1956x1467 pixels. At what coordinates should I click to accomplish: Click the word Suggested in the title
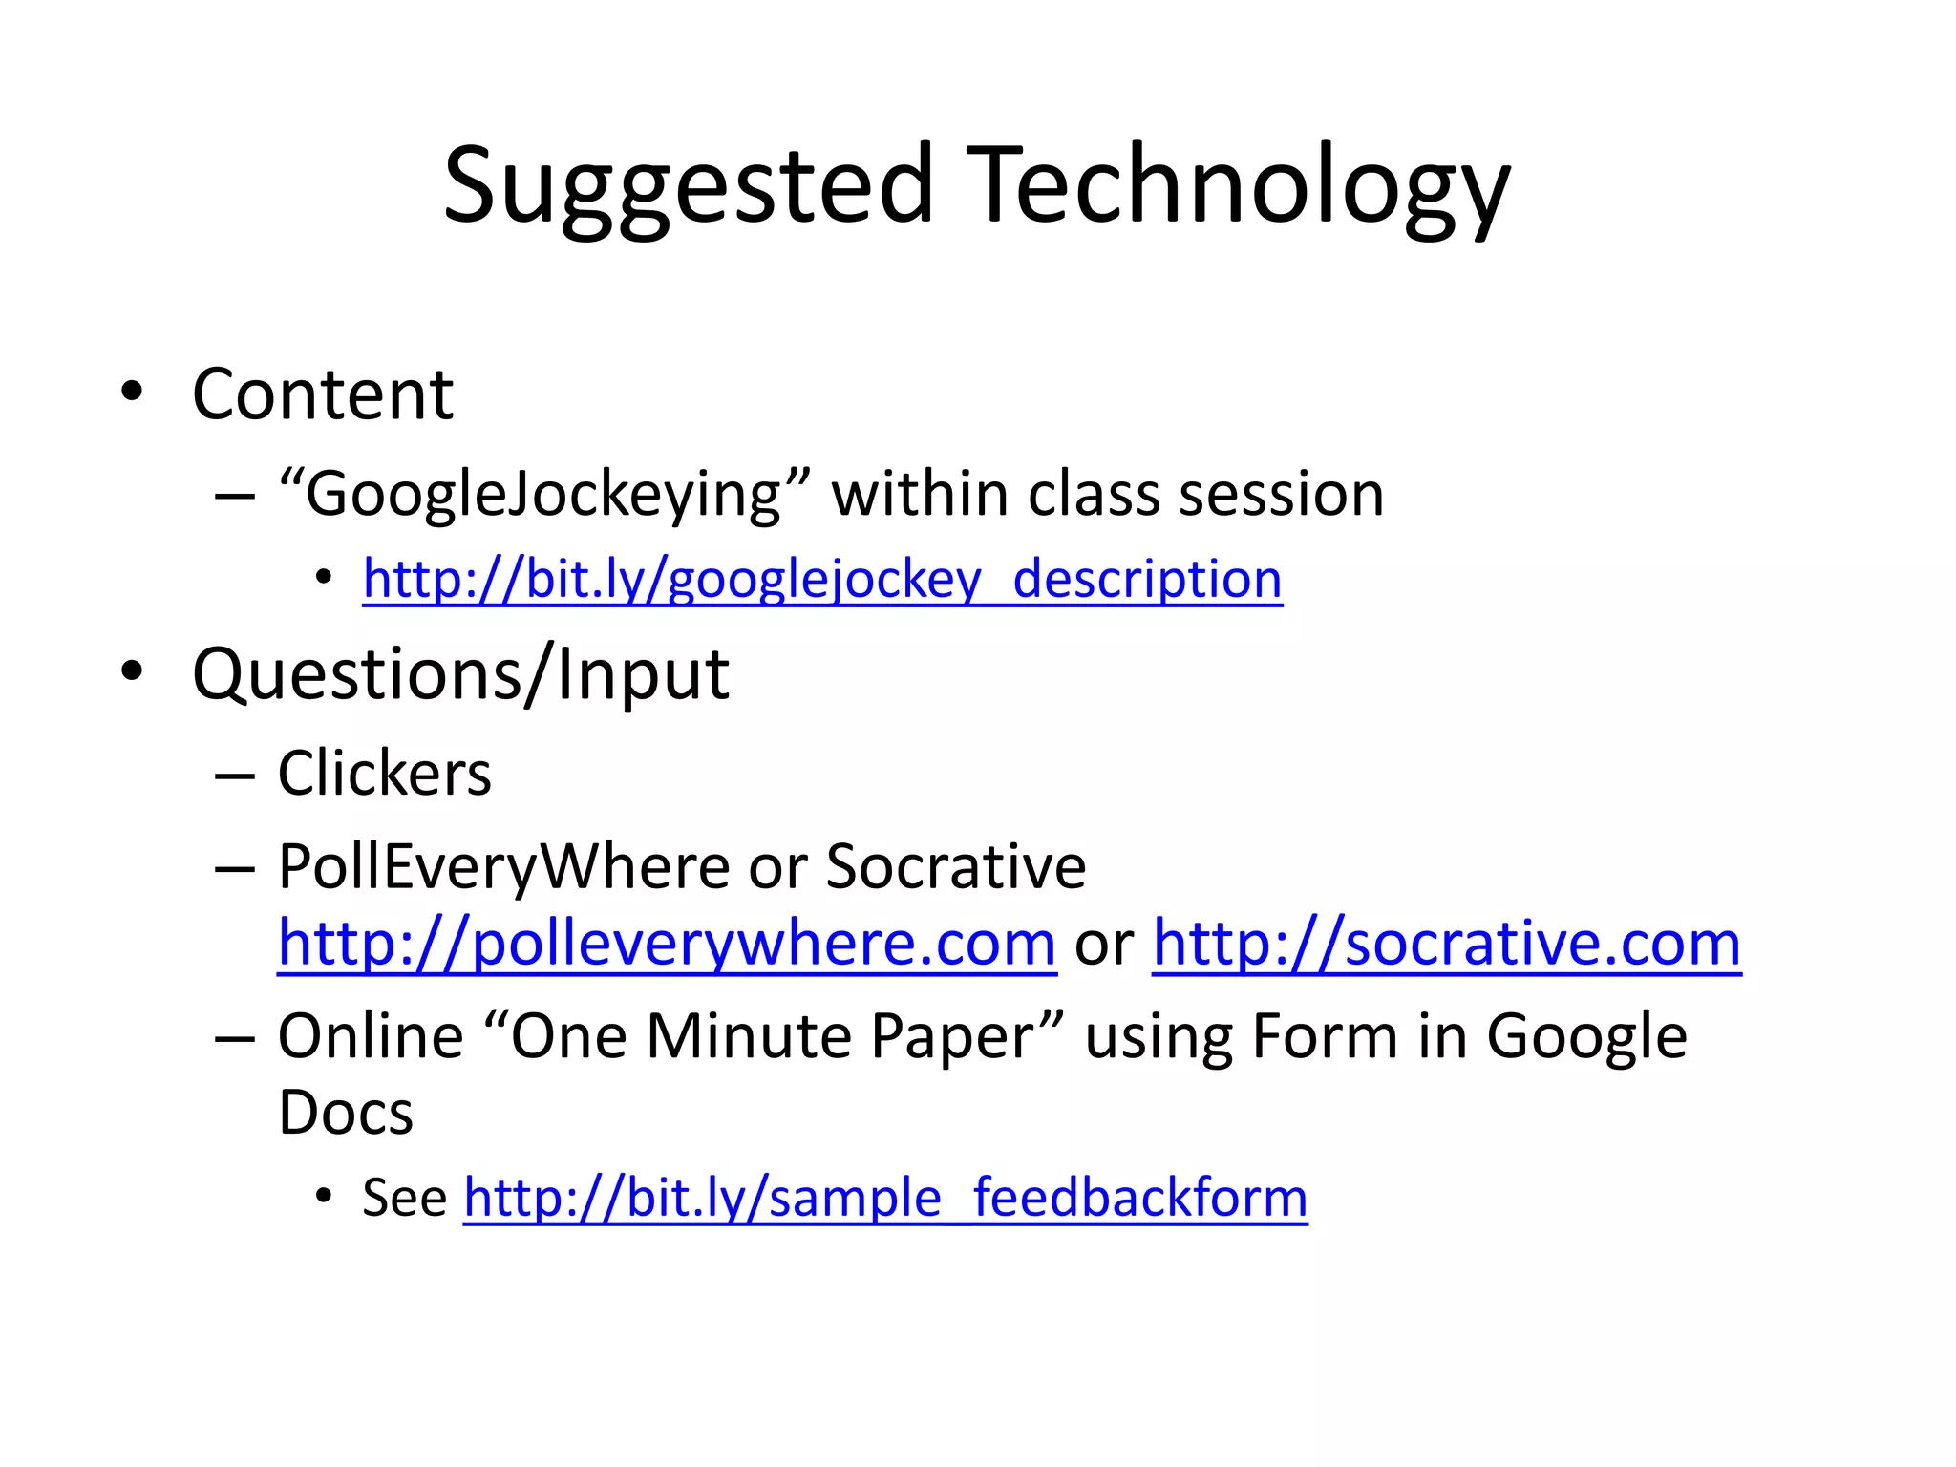pyautogui.click(x=688, y=186)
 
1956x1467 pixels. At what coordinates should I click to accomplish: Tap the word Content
pyautogui.click(x=323, y=394)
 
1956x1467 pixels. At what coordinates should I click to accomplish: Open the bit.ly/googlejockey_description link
pyautogui.click(x=822, y=579)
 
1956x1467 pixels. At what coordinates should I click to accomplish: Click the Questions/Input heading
pyautogui.click(x=460, y=674)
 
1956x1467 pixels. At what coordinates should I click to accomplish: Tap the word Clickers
pyautogui.click(x=384, y=773)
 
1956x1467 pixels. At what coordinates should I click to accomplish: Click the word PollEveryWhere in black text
pyautogui.click(x=504, y=867)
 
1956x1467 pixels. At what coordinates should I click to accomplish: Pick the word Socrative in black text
pyautogui.click(x=955, y=867)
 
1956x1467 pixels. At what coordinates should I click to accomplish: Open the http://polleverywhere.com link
pyautogui.click(x=667, y=944)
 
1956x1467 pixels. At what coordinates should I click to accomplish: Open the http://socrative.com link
pyautogui.click(x=1446, y=944)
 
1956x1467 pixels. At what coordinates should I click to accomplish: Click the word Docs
pyautogui.click(x=346, y=1113)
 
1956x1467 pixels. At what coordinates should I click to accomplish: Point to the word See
pyautogui.click(x=404, y=1198)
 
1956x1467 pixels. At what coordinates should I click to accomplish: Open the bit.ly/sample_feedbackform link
pyautogui.click(x=885, y=1198)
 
